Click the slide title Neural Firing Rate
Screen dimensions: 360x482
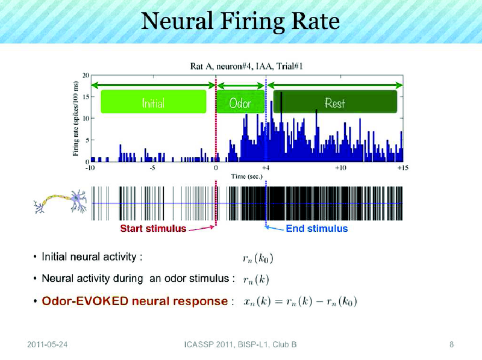point(240,22)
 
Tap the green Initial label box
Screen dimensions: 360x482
point(153,103)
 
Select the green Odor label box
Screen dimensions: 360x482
point(240,103)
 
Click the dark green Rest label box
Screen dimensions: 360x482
point(334,103)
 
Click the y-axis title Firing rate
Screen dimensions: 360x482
point(76,118)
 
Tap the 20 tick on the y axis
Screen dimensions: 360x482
point(86,75)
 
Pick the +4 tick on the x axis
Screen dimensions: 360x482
point(266,168)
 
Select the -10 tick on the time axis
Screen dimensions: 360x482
point(90,168)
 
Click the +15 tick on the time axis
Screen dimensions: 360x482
point(403,168)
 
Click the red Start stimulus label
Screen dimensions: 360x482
point(153,229)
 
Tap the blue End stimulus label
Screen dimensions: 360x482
point(316,229)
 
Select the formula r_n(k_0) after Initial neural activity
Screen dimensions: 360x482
point(257,259)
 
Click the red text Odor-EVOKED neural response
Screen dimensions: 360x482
point(133,301)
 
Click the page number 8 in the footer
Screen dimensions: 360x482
point(451,344)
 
